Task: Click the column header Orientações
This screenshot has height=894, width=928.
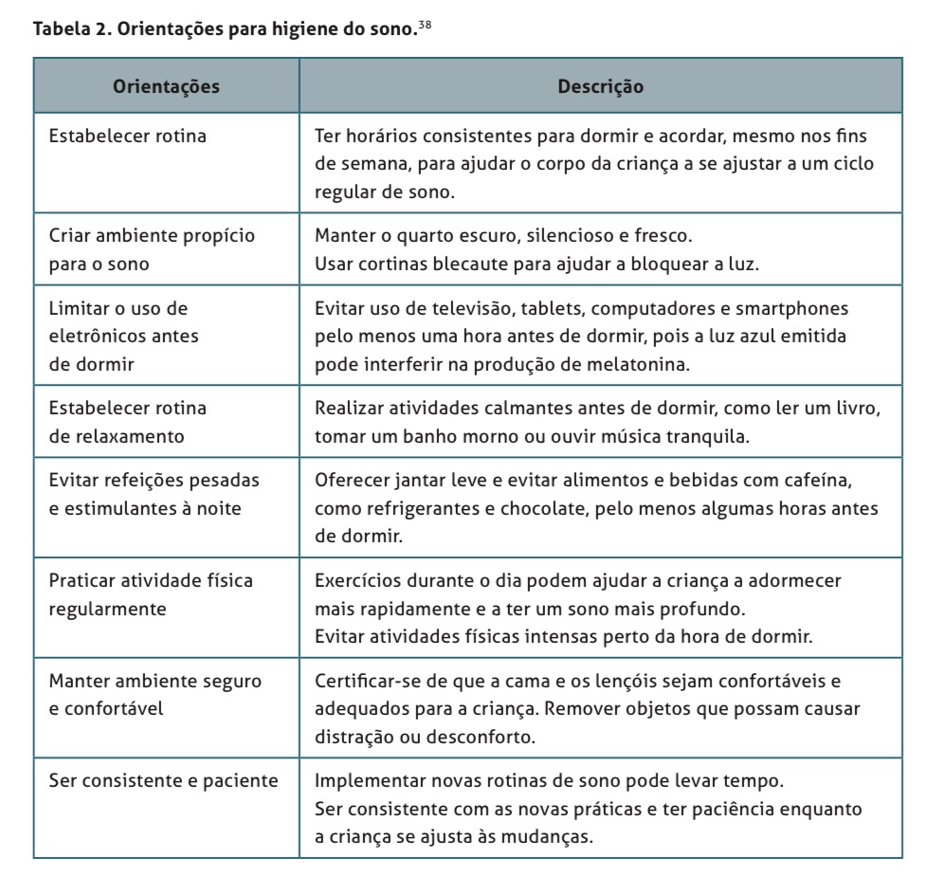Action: pyautogui.click(x=167, y=87)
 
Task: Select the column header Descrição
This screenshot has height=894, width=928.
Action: pyautogui.click(x=600, y=87)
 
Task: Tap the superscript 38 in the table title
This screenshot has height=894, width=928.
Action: pyautogui.click(x=427, y=26)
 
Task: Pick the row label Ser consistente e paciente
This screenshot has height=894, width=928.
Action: pyautogui.click(x=164, y=781)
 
